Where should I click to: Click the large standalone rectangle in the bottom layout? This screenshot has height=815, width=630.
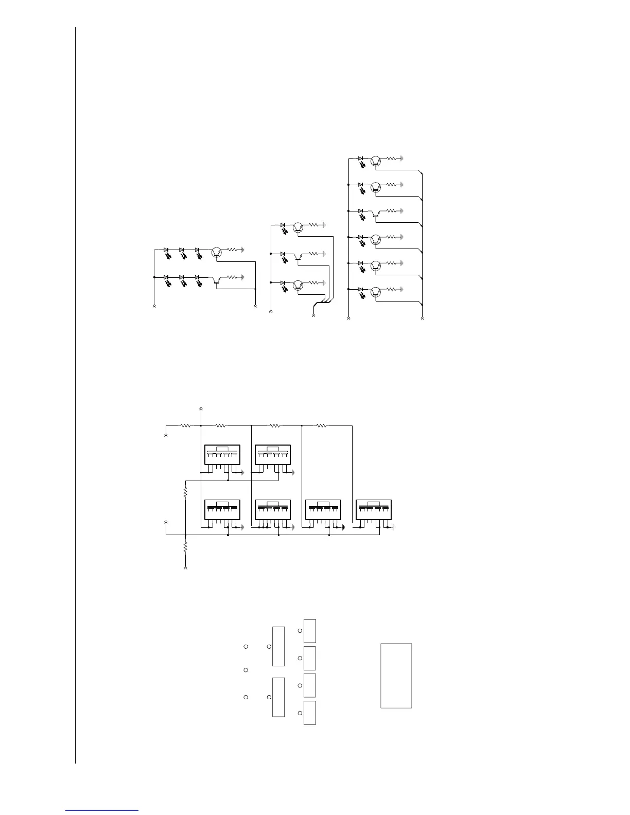(396, 676)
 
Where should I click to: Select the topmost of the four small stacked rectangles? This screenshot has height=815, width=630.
(309, 631)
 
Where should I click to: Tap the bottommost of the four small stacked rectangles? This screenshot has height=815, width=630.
(309, 713)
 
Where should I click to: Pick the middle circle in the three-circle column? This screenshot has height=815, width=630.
(246, 670)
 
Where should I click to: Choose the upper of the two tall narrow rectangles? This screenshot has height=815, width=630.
(278, 646)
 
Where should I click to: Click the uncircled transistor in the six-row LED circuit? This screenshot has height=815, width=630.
(375, 212)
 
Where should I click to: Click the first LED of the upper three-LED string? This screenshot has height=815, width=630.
(166, 251)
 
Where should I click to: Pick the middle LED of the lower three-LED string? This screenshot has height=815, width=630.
(182, 278)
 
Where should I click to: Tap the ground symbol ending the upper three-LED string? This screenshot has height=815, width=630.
(242, 250)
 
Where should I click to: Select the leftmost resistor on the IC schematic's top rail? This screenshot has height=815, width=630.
(185, 426)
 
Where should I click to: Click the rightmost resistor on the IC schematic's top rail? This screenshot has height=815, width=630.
(321, 426)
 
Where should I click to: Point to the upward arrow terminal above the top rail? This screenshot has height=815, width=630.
(200, 409)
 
